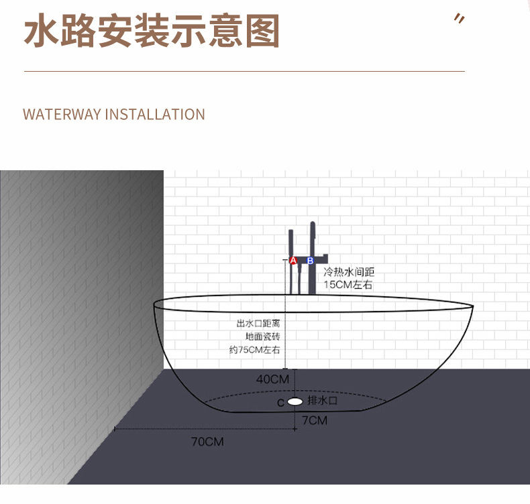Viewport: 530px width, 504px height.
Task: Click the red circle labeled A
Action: click(x=293, y=261)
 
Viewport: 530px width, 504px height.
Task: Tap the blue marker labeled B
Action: click(x=310, y=261)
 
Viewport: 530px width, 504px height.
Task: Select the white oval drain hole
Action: click(x=295, y=402)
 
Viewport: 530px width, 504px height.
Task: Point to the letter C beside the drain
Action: click(x=280, y=403)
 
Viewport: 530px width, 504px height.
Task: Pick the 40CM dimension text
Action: click(x=272, y=379)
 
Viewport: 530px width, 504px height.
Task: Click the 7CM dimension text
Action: click(x=314, y=421)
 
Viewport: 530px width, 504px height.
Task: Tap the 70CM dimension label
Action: click(x=207, y=442)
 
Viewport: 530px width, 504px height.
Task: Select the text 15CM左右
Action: click(x=348, y=285)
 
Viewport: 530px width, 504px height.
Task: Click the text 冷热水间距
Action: click(x=349, y=272)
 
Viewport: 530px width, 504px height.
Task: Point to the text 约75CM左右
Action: click(x=254, y=350)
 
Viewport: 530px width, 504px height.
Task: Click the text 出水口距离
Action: click(x=258, y=323)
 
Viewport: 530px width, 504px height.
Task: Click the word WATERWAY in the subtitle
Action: click(x=62, y=115)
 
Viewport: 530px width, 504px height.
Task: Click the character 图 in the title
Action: click(x=261, y=31)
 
